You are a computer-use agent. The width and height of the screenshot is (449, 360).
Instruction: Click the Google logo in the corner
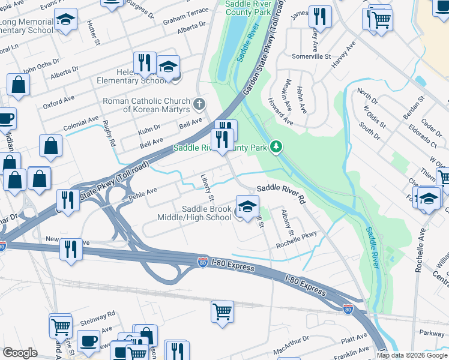20,353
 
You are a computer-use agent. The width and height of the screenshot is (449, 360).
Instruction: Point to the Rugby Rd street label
110,134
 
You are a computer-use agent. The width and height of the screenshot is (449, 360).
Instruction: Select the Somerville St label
311,56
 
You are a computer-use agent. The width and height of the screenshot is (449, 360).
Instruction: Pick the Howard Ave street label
280,112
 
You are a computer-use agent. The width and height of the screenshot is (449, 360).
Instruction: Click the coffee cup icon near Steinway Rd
88,341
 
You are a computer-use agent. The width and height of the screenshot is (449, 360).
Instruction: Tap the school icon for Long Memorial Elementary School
65,20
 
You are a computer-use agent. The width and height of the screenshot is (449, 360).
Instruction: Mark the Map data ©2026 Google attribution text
411,355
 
